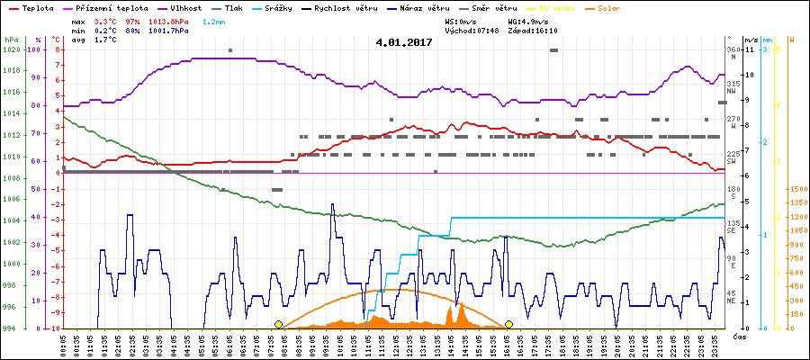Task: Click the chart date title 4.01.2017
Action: pos(404,41)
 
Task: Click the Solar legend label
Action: pos(608,8)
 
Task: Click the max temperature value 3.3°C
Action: pos(105,21)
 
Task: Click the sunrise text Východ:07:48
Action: pos(471,31)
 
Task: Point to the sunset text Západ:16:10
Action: pos(533,31)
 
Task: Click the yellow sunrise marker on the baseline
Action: pos(278,324)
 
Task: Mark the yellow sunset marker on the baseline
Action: pos(509,324)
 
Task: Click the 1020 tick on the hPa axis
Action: pos(11,49)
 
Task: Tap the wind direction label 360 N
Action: pos(732,53)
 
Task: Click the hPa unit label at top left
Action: pos(10,40)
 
